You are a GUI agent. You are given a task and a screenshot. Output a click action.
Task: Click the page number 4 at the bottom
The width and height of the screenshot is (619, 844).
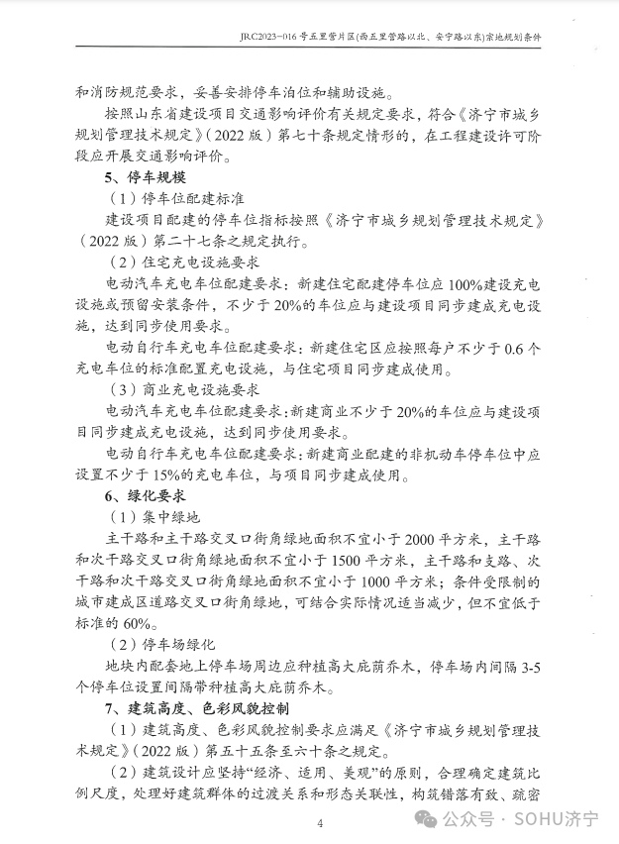coord(320,823)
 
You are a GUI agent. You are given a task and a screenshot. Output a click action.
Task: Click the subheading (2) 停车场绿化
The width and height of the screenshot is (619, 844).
coord(163,645)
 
